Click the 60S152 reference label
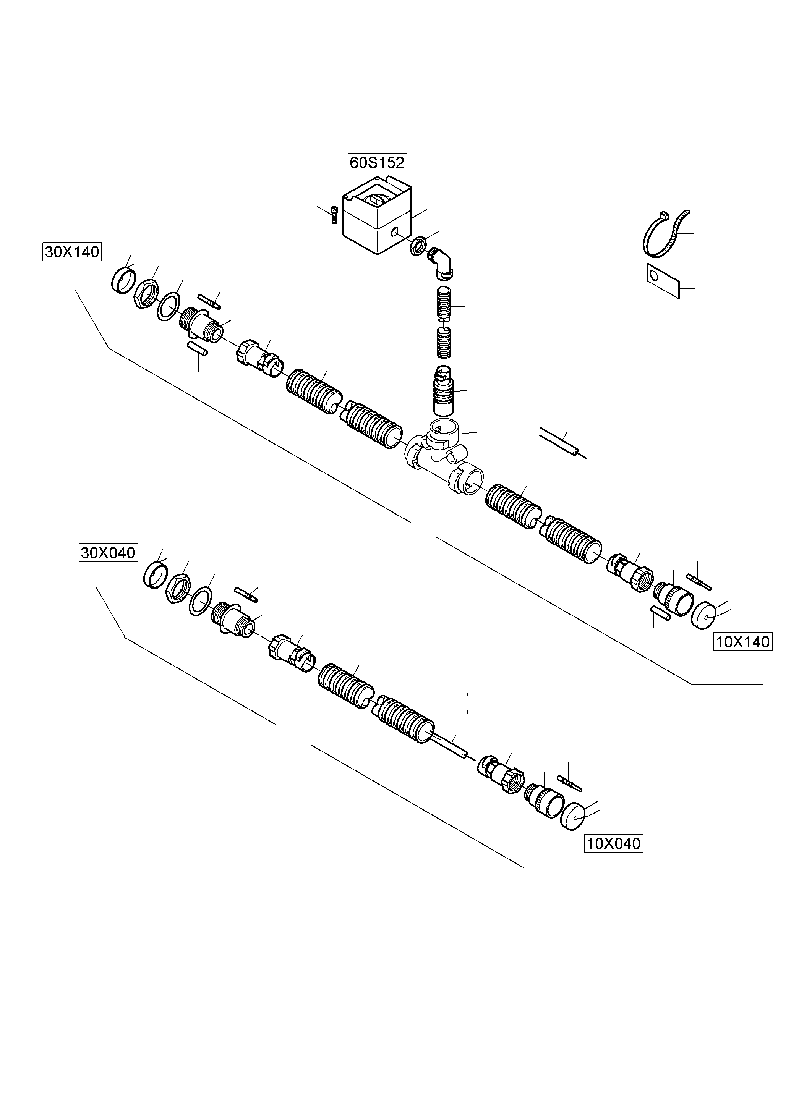378,162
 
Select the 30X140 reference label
72,252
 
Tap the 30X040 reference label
108,553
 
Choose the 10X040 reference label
613,844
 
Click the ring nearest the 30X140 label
123,280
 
